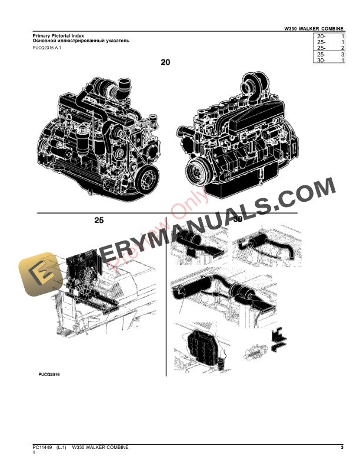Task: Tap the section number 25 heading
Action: click(99, 221)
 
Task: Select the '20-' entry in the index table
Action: click(321, 36)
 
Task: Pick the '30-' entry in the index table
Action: click(321, 60)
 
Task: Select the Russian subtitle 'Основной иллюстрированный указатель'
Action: click(81, 41)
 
